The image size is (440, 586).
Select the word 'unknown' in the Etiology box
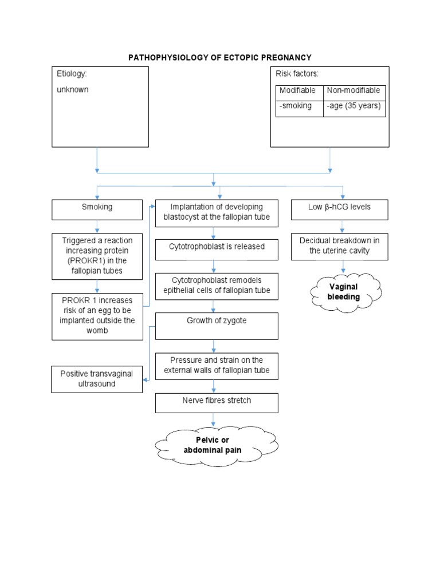(x=73, y=90)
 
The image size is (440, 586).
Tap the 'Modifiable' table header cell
(x=298, y=91)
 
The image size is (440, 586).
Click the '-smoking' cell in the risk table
(x=296, y=106)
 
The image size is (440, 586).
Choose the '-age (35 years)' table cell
(x=353, y=106)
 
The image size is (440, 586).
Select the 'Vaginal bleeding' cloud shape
(x=345, y=292)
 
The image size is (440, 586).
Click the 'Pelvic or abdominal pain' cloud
(x=213, y=445)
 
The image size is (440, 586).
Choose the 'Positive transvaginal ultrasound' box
(x=97, y=379)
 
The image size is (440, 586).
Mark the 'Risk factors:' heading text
(x=297, y=74)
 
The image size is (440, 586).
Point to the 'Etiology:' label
(x=72, y=74)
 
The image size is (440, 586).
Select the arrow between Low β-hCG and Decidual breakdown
(x=343, y=227)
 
